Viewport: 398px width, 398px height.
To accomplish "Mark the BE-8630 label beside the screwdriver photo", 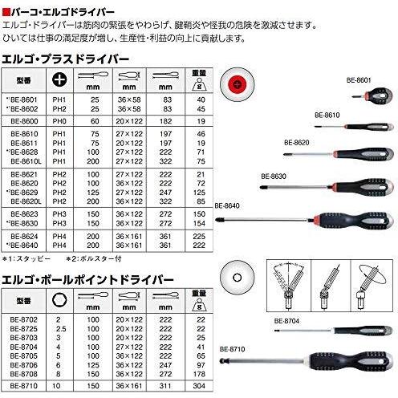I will point(274,175).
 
